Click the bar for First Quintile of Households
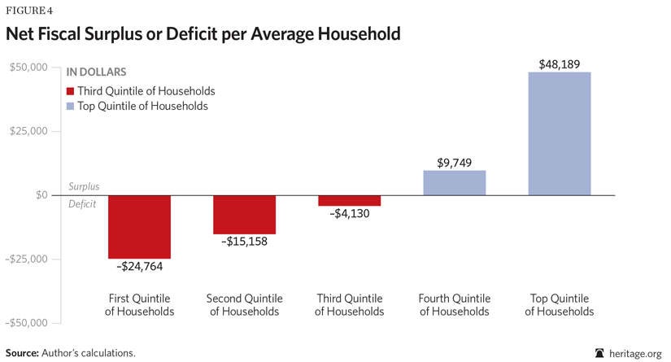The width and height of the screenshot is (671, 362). pos(139,227)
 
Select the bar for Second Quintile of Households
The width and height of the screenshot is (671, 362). pos(244,215)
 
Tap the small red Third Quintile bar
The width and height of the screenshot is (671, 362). pos(349,201)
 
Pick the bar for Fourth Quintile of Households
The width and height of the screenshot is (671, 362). pos(454,183)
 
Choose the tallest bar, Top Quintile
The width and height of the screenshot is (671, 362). pos(559,133)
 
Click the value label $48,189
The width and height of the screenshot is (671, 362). pos(559,63)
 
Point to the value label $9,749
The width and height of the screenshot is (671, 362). pos(454,161)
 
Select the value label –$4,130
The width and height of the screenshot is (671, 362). pos(349,216)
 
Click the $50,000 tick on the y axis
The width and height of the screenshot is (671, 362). pos(28,67)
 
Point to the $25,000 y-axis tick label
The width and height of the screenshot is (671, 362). pos(28,131)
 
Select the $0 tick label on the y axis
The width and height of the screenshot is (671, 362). pos(41,195)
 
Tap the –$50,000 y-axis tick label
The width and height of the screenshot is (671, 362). pos(26,323)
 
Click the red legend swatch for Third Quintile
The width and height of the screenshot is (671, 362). pos(71,91)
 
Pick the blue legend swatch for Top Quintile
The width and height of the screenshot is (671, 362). pos(71,106)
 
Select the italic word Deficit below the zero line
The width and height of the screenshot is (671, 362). pos(82,205)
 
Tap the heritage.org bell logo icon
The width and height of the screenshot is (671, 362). pos(599,353)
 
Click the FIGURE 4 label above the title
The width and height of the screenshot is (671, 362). pos(29,11)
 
